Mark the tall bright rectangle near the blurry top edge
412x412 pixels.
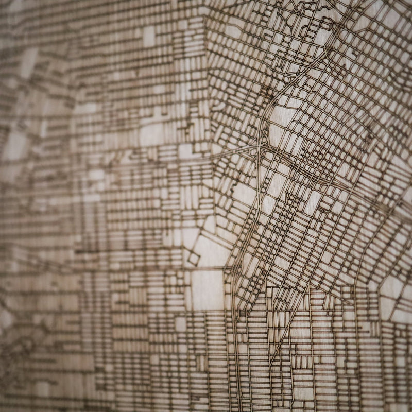point(149,36)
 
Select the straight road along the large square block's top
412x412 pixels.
point(206,269)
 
